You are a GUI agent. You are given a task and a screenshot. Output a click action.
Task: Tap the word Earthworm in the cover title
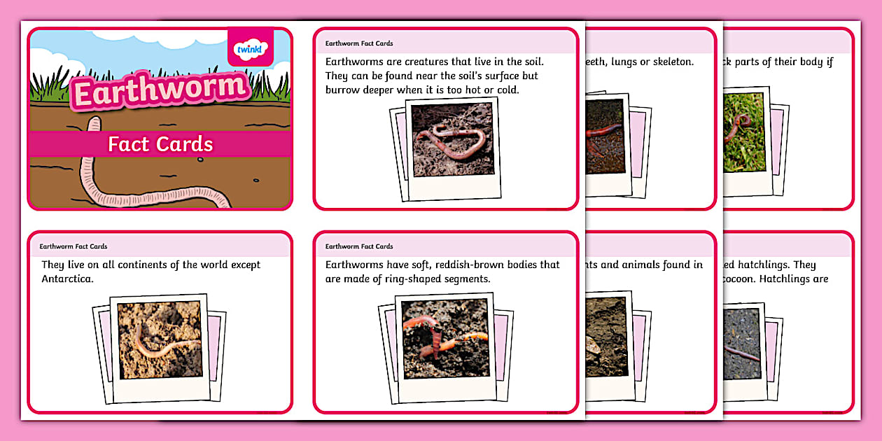(160, 90)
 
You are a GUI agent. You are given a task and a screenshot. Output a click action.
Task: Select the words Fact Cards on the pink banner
(160, 144)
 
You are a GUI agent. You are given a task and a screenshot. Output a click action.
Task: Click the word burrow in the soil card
(344, 90)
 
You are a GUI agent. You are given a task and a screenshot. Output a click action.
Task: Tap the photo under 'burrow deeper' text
(453, 139)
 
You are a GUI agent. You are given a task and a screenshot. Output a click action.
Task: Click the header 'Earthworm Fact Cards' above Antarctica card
(73, 246)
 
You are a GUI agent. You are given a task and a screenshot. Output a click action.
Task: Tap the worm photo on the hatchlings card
(742, 343)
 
